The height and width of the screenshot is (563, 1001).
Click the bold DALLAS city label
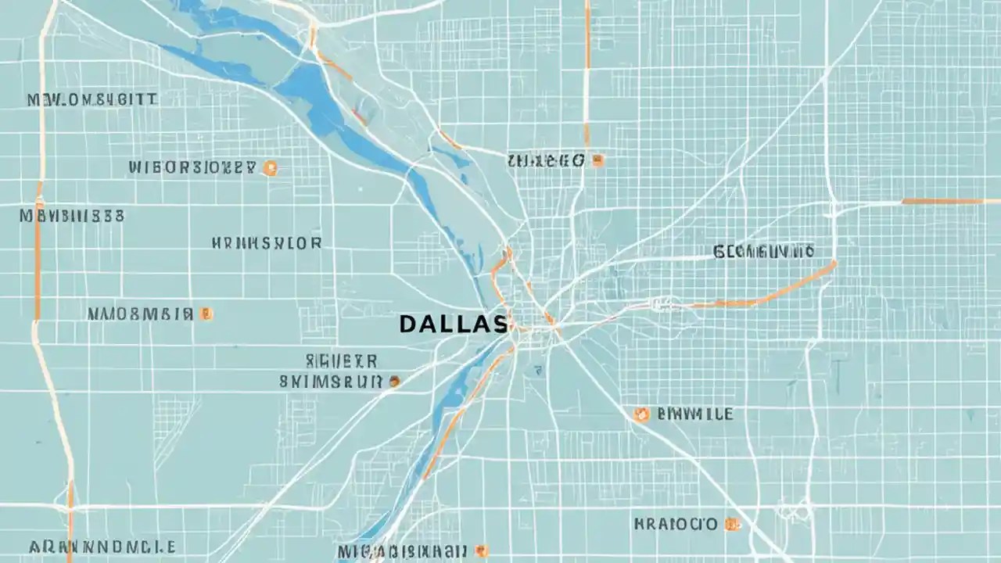453,324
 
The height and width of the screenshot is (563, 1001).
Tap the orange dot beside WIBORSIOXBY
270,167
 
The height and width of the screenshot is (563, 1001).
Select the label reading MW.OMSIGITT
92,100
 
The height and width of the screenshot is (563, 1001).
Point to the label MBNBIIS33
72,216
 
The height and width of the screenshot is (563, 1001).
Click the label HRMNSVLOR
266,243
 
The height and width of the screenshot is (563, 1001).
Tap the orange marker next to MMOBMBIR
206,314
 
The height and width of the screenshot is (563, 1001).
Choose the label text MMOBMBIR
139,314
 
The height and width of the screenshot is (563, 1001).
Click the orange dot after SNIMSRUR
395,382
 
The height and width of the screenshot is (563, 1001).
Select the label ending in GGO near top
545,161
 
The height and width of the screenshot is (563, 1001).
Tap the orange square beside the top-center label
598,160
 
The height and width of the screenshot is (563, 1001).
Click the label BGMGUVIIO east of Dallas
763,251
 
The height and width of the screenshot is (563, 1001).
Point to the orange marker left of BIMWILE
641,414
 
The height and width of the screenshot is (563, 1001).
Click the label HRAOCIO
675,523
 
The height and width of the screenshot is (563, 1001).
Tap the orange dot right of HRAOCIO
732,524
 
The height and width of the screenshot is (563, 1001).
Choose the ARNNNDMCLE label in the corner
102,547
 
